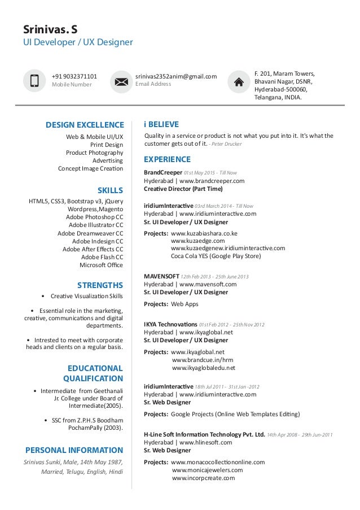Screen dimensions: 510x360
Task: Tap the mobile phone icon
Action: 34,81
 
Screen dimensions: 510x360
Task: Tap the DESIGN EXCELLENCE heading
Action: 85,125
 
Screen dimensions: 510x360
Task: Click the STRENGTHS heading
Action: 100,284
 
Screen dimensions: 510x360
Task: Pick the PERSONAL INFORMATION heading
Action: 74,450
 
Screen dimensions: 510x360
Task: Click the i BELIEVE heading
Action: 161,124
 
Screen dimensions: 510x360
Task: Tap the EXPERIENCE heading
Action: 168,159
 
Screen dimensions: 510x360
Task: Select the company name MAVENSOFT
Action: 161,276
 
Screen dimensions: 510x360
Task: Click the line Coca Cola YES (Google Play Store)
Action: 216,255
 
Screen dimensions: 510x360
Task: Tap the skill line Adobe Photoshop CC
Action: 94,216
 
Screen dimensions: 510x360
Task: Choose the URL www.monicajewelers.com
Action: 207,470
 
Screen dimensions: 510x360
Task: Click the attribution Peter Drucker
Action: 227,144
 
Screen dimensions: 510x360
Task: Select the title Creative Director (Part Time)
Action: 183,189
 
